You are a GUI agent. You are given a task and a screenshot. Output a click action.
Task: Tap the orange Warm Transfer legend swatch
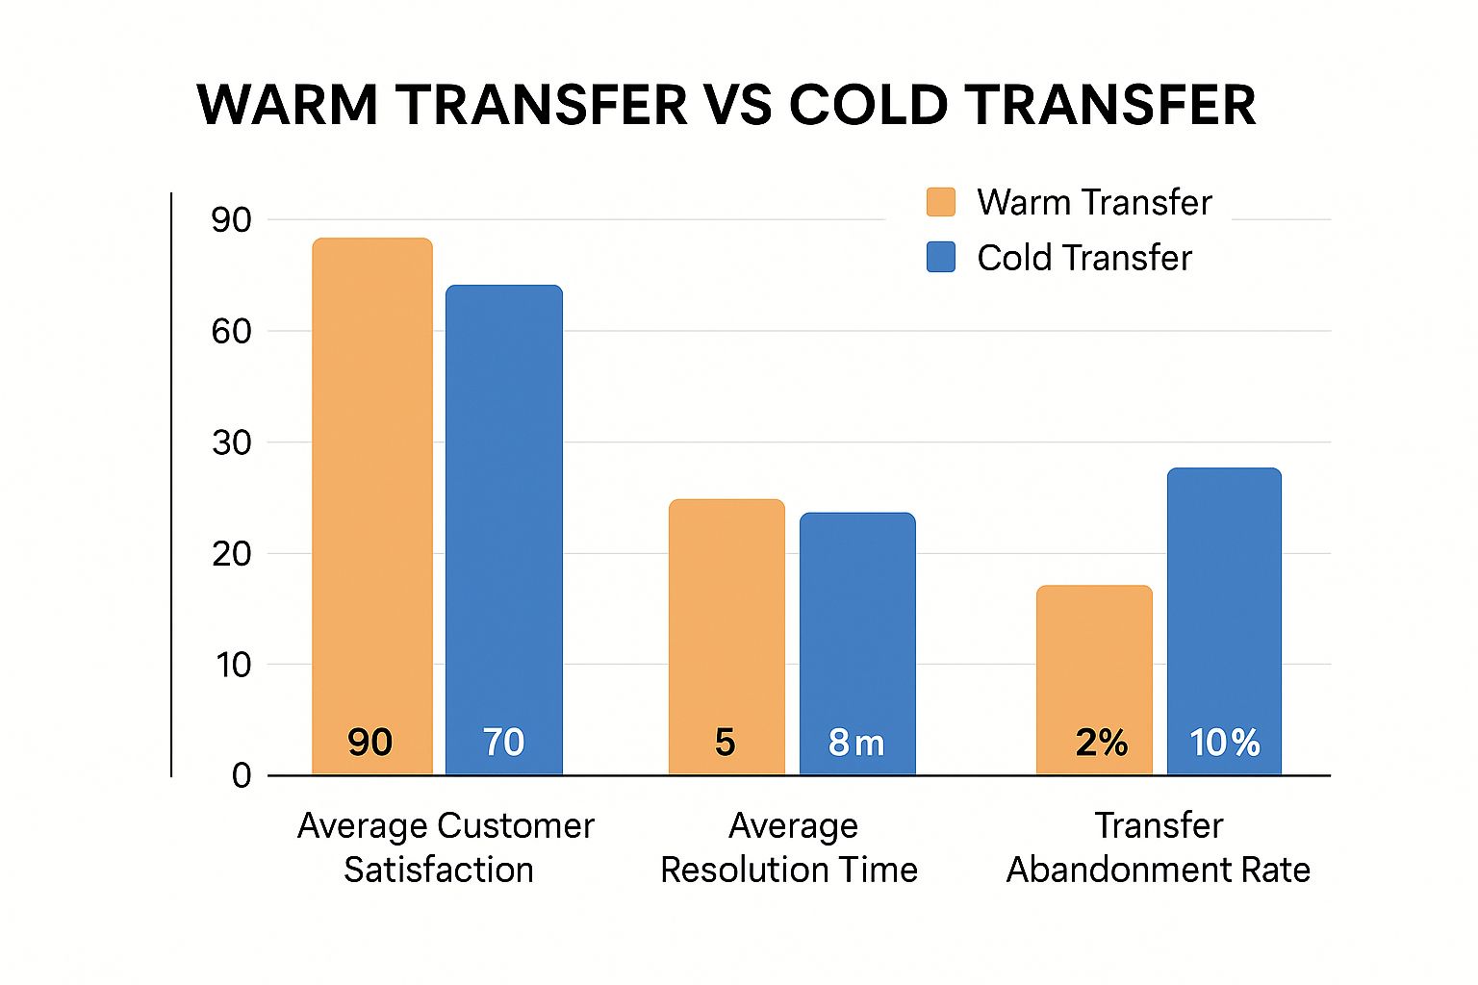pyautogui.click(x=940, y=202)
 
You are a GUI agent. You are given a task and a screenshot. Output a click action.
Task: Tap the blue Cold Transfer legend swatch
pyautogui.click(x=940, y=257)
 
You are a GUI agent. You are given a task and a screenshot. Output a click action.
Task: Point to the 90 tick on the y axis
pyautogui.click(x=232, y=220)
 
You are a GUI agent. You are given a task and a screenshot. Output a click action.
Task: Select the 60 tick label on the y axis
pyautogui.click(x=232, y=332)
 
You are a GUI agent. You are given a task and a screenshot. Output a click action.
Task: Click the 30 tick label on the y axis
pyautogui.click(x=232, y=443)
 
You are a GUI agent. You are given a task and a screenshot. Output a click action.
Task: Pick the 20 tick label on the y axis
pyautogui.click(x=232, y=554)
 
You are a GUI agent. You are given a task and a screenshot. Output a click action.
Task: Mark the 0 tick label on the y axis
pyautogui.click(x=242, y=775)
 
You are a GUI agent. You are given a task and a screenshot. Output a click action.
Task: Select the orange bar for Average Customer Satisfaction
pyautogui.click(x=372, y=481)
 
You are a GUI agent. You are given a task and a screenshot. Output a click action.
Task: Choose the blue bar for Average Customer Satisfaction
pyautogui.click(x=503, y=510)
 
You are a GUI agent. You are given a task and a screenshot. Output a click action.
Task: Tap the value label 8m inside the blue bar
pyautogui.click(x=855, y=743)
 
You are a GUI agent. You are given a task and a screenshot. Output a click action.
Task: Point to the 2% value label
pyautogui.click(x=1101, y=743)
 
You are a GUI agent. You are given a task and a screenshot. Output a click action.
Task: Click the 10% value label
pyautogui.click(x=1224, y=743)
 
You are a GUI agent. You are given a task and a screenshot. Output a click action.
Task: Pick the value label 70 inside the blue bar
pyautogui.click(x=503, y=743)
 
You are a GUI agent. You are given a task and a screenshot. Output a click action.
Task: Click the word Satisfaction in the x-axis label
pyautogui.click(x=438, y=870)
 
